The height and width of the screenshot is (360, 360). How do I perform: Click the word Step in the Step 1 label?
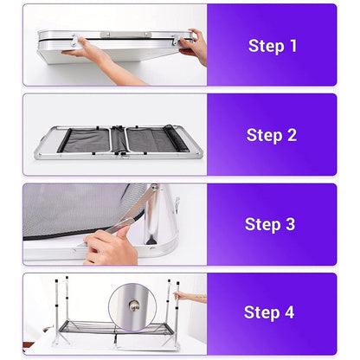[x=266, y=46]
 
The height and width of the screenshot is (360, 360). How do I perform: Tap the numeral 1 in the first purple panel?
[x=293, y=46]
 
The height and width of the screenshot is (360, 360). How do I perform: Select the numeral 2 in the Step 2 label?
[x=292, y=135]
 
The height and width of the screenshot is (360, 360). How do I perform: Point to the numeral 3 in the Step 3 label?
[x=290, y=224]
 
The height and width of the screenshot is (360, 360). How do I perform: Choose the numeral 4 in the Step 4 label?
[x=289, y=312]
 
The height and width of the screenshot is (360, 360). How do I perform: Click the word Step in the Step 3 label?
[x=262, y=225]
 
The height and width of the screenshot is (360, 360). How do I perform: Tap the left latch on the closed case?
[x=74, y=40]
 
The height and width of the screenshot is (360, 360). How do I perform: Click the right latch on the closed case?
[x=176, y=40]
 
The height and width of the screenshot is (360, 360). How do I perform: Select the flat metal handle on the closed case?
[x=125, y=35]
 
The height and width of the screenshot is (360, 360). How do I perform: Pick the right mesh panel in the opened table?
[x=156, y=140]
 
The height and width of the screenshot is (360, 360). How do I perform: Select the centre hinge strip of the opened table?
[x=118, y=140]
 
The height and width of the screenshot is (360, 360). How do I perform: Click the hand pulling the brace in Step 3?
[x=111, y=246]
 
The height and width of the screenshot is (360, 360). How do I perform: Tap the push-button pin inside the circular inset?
[x=134, y=305]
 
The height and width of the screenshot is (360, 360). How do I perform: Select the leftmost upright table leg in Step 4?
[x=57, y=312]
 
